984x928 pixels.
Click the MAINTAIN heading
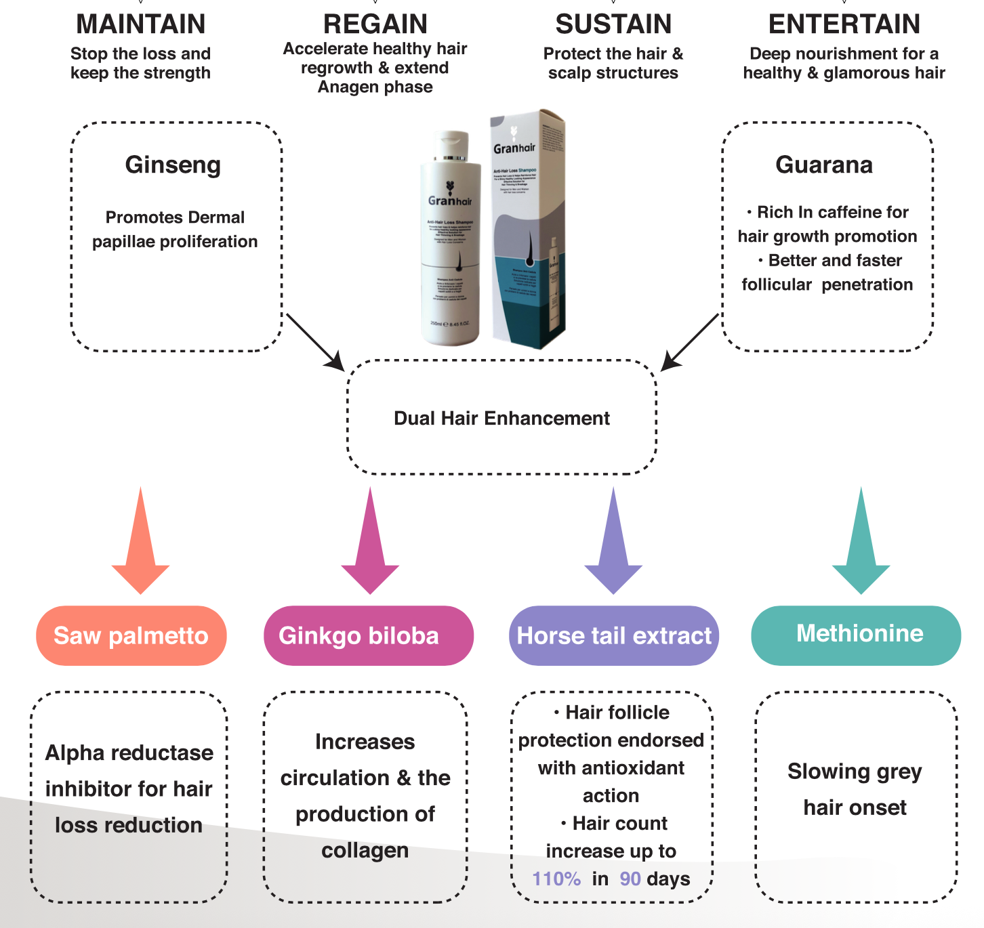coord(141,24)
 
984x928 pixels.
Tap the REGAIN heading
coord(375,24)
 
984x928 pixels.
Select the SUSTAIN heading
coord(613,24)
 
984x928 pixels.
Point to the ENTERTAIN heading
coord(844,24)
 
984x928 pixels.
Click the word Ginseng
coord(173,165)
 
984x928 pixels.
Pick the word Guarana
coord(824,165)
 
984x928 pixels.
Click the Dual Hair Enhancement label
coord(501,419)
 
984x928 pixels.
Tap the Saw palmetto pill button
coord(131,635)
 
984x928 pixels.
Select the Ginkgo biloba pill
coord(368,635)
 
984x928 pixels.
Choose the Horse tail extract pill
coord(614,635)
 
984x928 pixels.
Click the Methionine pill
coord(857,634)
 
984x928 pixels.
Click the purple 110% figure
coord(556,879)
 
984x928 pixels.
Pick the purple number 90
coord(630,879)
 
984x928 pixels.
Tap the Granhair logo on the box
coord(514,146)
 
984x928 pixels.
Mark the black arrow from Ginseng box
coord(316,342)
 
